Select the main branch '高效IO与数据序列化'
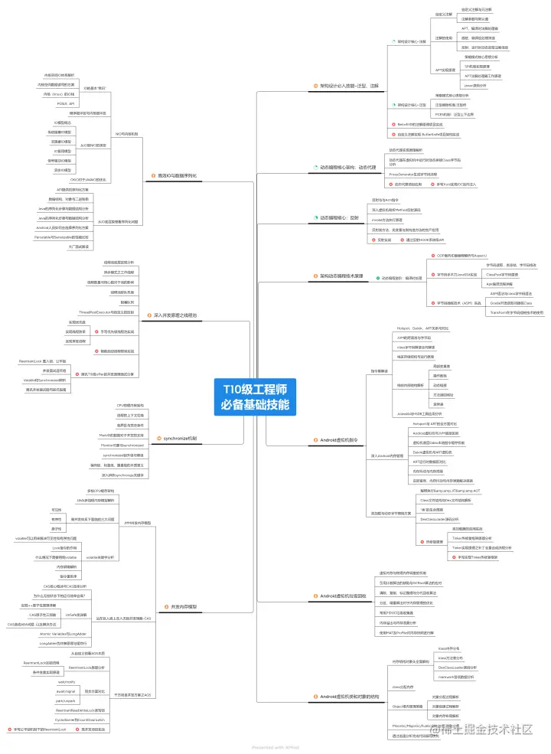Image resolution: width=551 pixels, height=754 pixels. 177,175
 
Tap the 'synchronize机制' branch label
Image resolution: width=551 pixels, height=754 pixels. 180,439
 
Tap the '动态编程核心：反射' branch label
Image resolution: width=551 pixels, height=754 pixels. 339,217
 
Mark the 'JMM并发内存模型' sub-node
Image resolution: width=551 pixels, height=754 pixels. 137,522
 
